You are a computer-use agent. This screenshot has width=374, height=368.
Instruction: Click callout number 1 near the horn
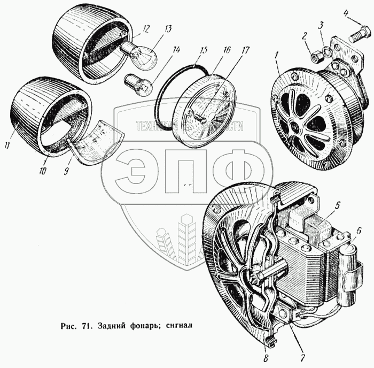click(x=277, y=56)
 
